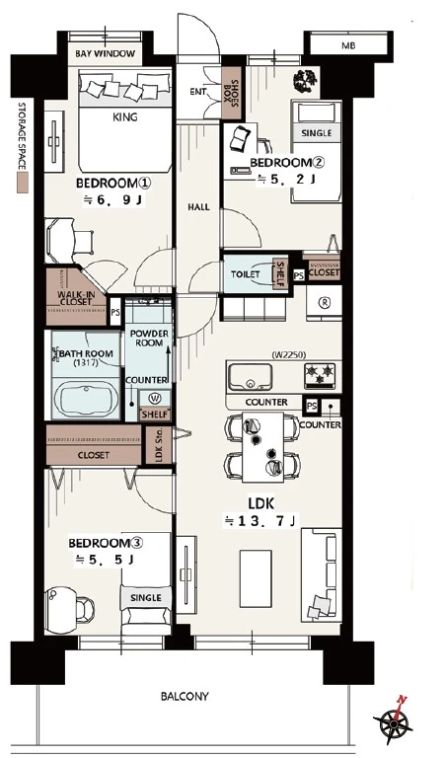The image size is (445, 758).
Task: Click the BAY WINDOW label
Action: click(x=106, y=53)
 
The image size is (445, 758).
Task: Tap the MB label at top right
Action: click(x=348, y=46)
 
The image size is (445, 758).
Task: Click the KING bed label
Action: click(x=124, y=117)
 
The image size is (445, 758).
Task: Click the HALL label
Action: click(x=198, y=207)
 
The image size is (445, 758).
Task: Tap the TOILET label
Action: click(x=246, y=274)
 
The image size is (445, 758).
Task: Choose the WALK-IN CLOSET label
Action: click(x=74, y=298)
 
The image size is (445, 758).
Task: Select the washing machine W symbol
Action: click(x=155, y=399)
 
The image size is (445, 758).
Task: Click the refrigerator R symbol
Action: click(x=325, y=302)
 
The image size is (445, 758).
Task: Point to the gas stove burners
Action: click(x=321, y=374)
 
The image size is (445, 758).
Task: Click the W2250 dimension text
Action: click(x=289, y=355)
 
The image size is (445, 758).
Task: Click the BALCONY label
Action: click(x=185, y=697)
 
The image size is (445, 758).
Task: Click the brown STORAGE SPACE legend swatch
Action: click(x=22, y=184)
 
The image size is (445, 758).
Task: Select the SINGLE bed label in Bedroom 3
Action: click(x=146, y=598)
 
